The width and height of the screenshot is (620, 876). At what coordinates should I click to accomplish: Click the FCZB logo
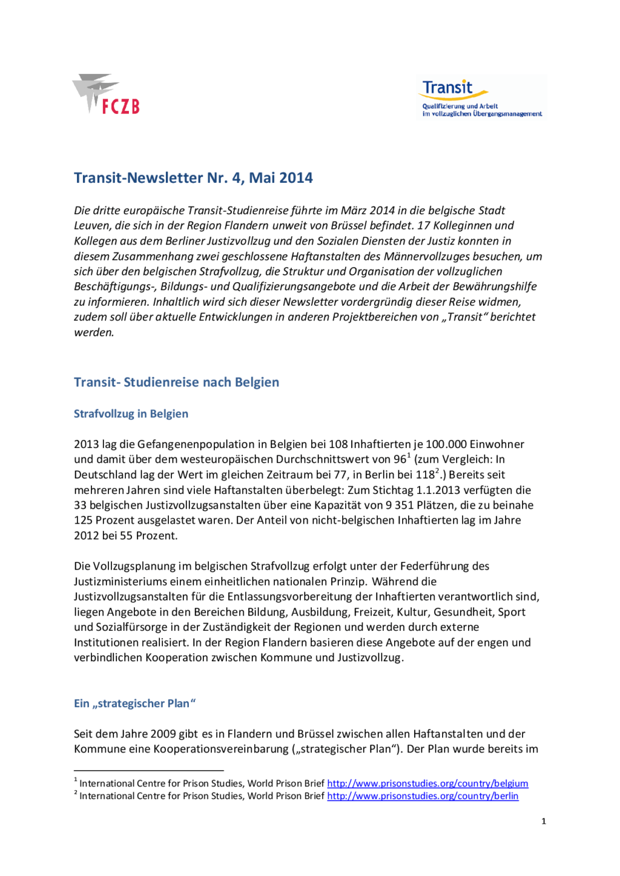click(107, 95)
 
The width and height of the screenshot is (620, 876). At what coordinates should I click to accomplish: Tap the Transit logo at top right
click(481, 97)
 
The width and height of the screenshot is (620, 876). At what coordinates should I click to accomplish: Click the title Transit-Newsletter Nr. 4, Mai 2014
click(193, 178)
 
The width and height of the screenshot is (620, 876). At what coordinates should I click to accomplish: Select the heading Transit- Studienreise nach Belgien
click(176, 383)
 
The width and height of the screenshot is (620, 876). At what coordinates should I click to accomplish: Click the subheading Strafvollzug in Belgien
click(131, 414)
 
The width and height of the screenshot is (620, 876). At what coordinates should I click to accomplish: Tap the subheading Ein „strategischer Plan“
click(134, 703)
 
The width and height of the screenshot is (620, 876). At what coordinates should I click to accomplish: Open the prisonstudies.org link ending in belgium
click(427, 784)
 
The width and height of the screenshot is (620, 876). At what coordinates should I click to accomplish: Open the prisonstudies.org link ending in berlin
click(423, 796)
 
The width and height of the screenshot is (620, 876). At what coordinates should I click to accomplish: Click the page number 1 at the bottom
click(544, 822)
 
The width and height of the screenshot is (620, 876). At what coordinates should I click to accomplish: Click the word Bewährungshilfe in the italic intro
click(493, 287)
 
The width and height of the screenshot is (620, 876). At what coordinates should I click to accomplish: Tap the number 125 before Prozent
click(85, 521)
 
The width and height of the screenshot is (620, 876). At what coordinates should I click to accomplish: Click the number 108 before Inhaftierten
click(338, 444)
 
